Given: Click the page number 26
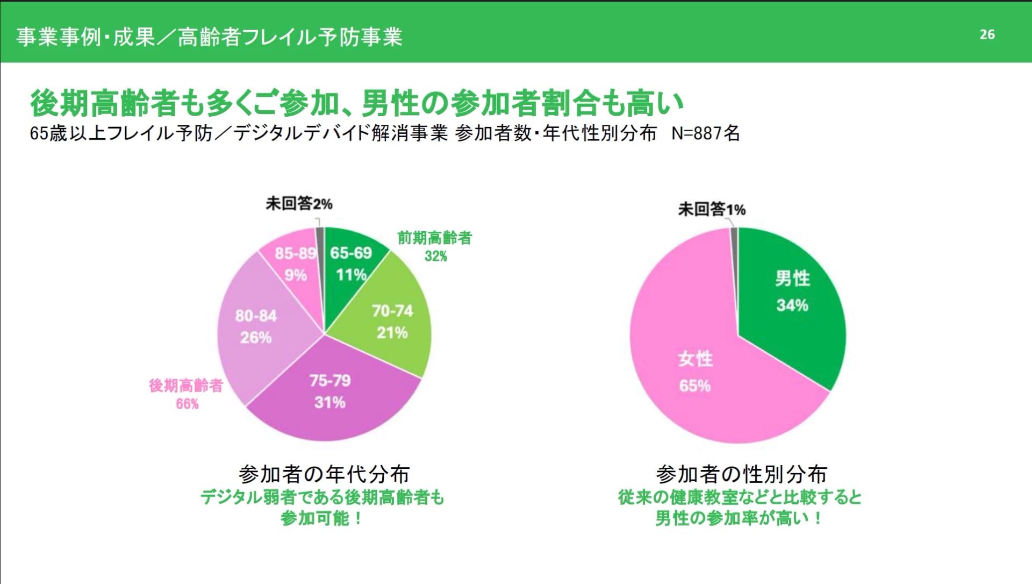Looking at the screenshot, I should [987, 34].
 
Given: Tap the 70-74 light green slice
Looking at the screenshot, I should [392, 322].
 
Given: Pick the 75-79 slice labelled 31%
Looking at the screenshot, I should [330, 391].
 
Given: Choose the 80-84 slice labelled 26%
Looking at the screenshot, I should [256, 326].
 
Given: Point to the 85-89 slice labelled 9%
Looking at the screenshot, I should [295, 264].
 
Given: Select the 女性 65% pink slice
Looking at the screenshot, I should [695, 372].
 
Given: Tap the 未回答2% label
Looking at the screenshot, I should [299, 204].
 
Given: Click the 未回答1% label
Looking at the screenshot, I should [712, 209].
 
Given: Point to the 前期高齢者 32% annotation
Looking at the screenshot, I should [434, 246].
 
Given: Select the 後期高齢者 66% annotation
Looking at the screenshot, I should [186, 394].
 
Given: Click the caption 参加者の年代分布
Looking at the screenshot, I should [324, 474].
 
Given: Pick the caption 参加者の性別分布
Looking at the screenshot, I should [741, 474].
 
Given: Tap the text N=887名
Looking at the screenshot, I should [706, 133].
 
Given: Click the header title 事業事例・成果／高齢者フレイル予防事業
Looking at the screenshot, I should [209, 37].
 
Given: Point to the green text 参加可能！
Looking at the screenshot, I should [321, 518].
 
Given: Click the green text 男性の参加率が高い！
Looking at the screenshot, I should [739, 518].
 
